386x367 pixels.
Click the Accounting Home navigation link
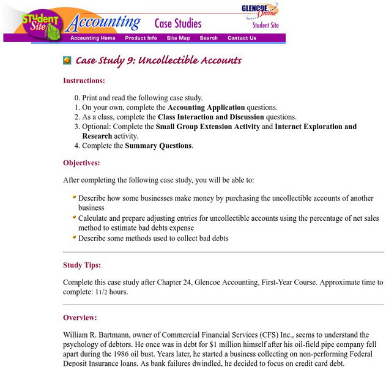pos(92,38)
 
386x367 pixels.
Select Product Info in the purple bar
pos(141,38)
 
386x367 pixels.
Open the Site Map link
pos(178,38)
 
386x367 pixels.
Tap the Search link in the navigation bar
pos(209,38)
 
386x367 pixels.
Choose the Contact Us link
pos(242,38)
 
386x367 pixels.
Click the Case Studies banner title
pos(177,24)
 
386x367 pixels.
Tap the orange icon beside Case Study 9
pos(67,61)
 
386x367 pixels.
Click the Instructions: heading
pos(84,80)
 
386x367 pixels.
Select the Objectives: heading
pos(81,163)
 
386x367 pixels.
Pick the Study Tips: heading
pos(82,265)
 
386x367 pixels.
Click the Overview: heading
pos(80,317)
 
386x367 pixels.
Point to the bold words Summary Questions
pos(158,146)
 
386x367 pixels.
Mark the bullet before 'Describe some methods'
pos(74,237)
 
